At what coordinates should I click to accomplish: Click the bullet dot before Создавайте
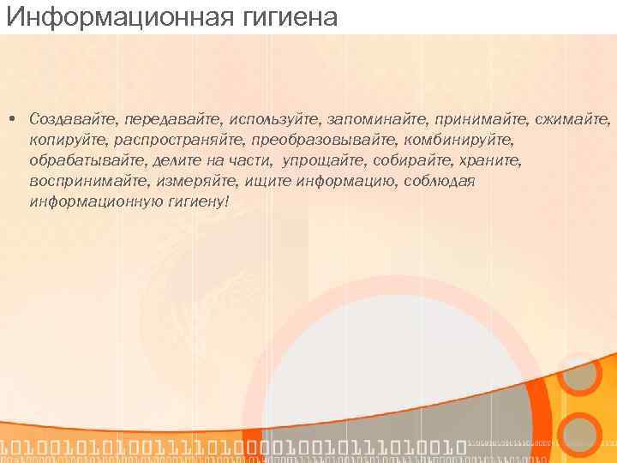(15, 117)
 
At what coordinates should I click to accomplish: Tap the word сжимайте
(577, 117)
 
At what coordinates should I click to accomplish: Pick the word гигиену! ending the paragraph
(196, 202)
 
